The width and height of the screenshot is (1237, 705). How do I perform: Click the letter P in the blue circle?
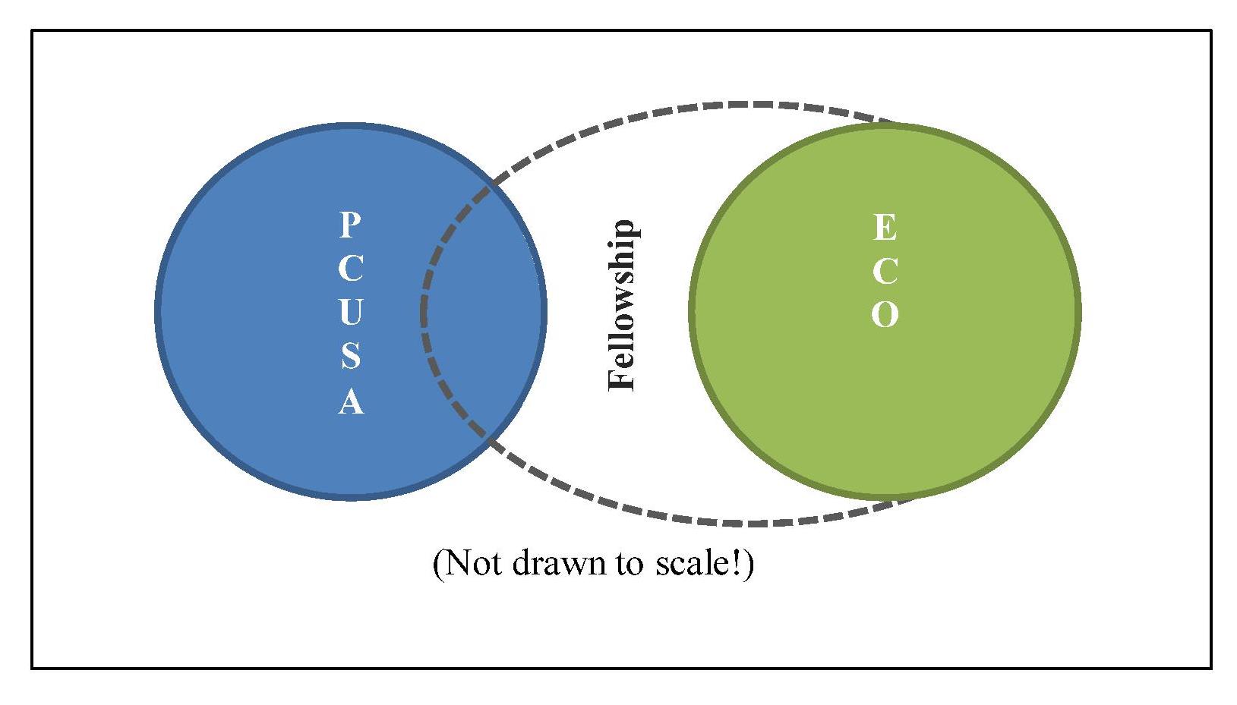point(350,225)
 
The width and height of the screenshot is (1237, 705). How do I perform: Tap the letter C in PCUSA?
point(350,268)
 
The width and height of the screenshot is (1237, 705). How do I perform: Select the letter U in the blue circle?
point(350,312)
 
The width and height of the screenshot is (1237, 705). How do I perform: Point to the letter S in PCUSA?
point(350,355)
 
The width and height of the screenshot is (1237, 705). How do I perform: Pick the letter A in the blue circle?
point(350,401)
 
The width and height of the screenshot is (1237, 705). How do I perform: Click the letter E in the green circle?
point(885,227)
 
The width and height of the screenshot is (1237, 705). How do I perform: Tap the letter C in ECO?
point(885,271)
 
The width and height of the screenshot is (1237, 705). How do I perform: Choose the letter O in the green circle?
point(885,314)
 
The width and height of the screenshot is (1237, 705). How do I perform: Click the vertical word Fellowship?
point(622,305)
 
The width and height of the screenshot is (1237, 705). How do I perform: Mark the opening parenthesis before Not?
point(437,565)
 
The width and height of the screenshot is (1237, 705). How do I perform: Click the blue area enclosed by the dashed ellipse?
point(482,311)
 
